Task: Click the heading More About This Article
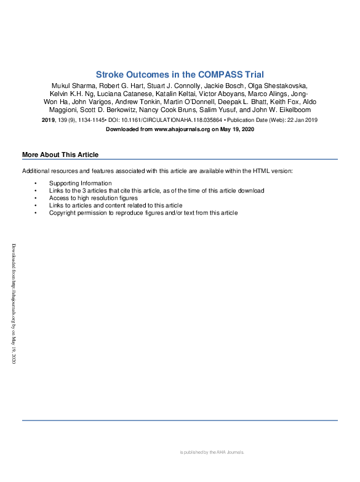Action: click(x=60, y=155)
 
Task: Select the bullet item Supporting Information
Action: click(x=80, y=183)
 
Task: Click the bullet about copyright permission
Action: click(x=143, y=213)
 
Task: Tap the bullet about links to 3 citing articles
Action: click(x=156, y=191)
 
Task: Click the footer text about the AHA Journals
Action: click(x=212, y=452)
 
